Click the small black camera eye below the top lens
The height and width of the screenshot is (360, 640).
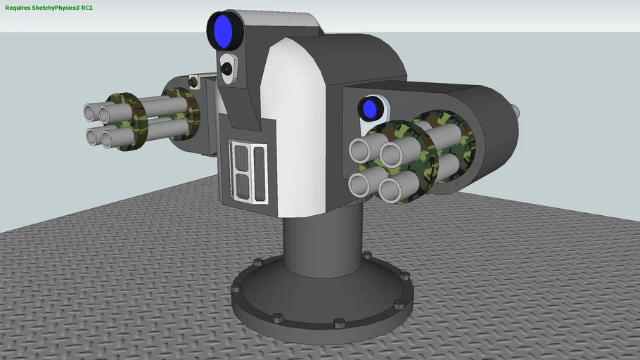[x=226, y=68]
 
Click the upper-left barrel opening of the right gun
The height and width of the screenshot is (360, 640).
[x=360, y=150]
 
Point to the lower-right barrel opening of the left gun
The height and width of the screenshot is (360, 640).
[x=111, y=137]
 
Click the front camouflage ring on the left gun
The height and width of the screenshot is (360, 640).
[x=125, y=122]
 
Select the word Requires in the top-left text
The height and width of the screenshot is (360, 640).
[x=18, y=7]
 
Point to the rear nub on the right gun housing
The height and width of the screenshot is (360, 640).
[x=516, y=111]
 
